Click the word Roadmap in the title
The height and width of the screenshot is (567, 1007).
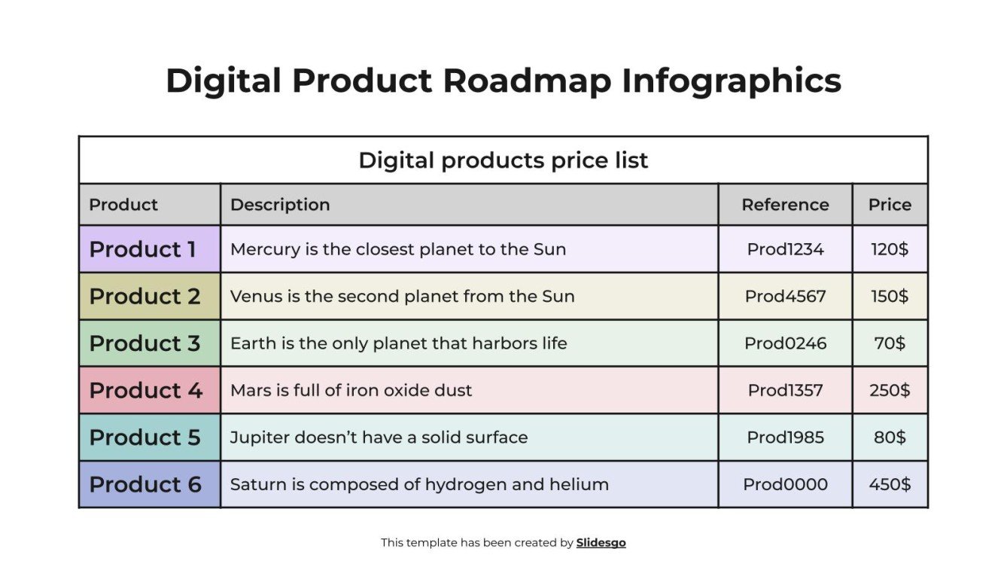[526, 81]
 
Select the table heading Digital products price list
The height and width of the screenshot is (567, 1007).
[503, 160]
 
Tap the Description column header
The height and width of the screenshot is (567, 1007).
[280, 205]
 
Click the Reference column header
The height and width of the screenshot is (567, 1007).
[785, 205]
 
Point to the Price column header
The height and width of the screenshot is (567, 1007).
[890, 205]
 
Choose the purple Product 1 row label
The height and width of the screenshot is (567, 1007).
[143, 249]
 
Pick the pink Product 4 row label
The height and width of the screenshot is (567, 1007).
[145, 390]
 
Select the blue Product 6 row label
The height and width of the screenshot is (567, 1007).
[145, 484]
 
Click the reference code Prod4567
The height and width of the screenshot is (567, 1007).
[785, 296]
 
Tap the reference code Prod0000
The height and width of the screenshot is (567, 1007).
[785, 484]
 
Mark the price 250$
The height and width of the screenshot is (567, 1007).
[890, 390]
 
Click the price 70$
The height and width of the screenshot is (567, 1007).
[890, 343]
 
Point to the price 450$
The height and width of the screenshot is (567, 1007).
[890, 484]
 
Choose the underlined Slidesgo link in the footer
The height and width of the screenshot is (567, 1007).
[601, 542]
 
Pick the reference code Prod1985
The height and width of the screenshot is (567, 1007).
[785, 437]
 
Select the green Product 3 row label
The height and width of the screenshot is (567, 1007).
[145, 343]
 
